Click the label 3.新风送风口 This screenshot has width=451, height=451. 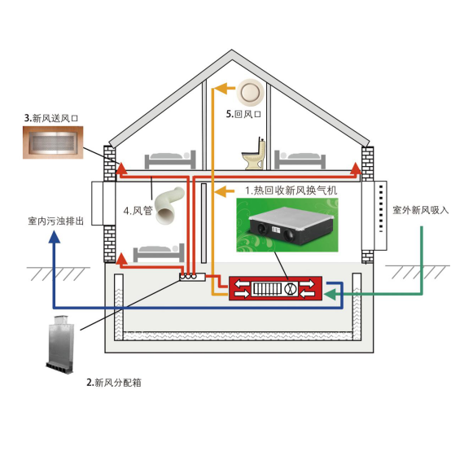51,118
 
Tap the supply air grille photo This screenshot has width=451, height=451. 53,142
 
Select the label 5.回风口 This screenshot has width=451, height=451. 243,114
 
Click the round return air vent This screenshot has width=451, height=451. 250,93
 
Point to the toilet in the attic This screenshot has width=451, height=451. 254,154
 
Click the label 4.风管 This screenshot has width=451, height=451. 138,211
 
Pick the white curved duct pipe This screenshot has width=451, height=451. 169,205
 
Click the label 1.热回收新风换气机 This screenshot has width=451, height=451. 291,190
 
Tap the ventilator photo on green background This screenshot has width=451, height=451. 287,225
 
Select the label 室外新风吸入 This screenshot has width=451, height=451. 421,210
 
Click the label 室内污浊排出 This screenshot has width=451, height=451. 56,221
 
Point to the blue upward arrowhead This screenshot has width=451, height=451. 54,238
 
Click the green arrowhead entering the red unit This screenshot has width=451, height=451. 330,294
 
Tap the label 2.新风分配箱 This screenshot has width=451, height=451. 114,383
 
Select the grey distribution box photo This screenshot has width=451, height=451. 60,344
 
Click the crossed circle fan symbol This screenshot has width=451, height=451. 291,289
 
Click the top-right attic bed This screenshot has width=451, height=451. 300,160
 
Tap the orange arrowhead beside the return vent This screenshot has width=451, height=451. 225,88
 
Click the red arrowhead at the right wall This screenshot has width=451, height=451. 356,169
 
